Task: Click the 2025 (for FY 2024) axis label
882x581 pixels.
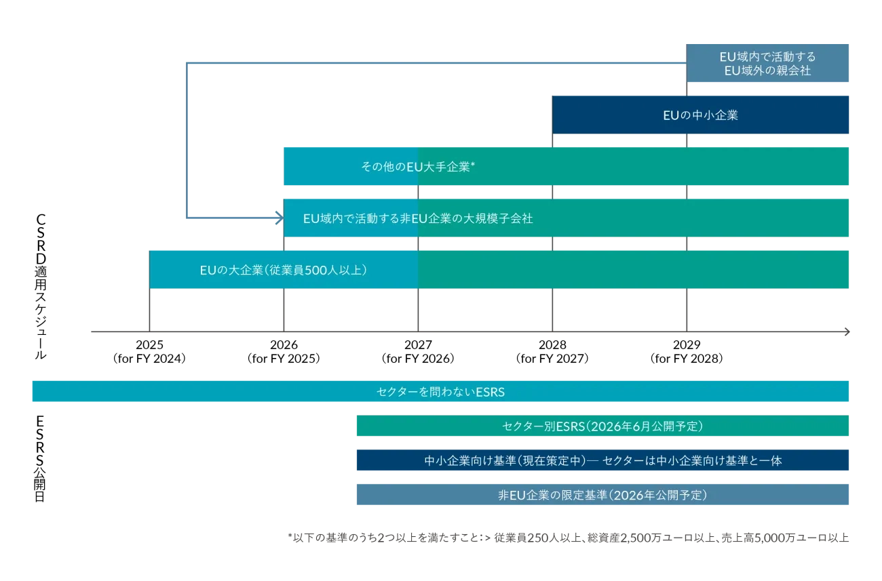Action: click(149, 352)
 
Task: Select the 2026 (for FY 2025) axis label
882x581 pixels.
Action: click(284, 352)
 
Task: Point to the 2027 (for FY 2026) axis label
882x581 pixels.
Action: click(418, 352)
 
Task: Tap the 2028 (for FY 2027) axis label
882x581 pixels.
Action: click(552, 352)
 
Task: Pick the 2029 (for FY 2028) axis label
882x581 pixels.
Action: click(687, 352)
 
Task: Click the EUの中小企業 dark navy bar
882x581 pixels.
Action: click(700, 115)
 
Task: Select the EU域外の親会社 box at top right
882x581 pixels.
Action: click(767, 63)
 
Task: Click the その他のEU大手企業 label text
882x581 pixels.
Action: click(418, 167)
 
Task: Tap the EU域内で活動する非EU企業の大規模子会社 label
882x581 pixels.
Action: click(418, 218)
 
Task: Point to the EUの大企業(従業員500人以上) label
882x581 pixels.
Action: click(284, 271)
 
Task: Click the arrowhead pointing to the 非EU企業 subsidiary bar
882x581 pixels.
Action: click(279, 218)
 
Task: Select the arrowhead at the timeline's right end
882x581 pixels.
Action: click(847, 332)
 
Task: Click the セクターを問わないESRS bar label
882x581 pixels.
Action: click(440, 392)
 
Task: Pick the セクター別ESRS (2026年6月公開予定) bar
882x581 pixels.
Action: click(602, 426)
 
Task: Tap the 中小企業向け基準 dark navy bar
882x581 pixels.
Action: click(602, 460)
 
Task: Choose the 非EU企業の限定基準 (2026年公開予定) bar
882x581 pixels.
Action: click(602, 494)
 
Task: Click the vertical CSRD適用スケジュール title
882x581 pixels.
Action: click(41, 286)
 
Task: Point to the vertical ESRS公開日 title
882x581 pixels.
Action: click(40, 459)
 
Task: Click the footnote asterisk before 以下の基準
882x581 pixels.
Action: click(290, 536)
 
